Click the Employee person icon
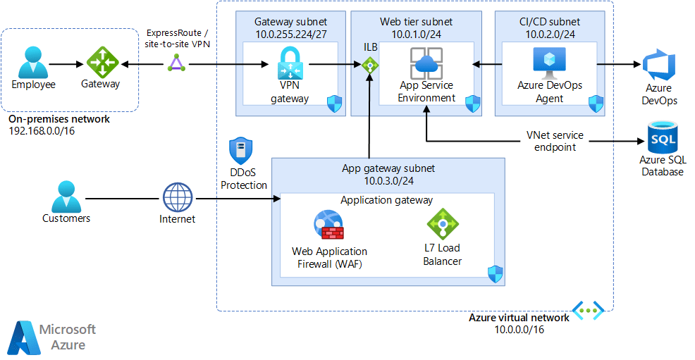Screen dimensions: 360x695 pos(33,62)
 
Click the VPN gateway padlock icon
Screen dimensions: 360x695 pos(290,64)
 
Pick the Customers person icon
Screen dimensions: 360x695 pos(66,195)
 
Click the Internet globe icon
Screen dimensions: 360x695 pos(177,197)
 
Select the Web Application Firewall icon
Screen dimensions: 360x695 pos(328,226)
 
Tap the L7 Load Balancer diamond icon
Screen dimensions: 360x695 pos(442,224)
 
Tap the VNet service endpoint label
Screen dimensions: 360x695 pos(555,142)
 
